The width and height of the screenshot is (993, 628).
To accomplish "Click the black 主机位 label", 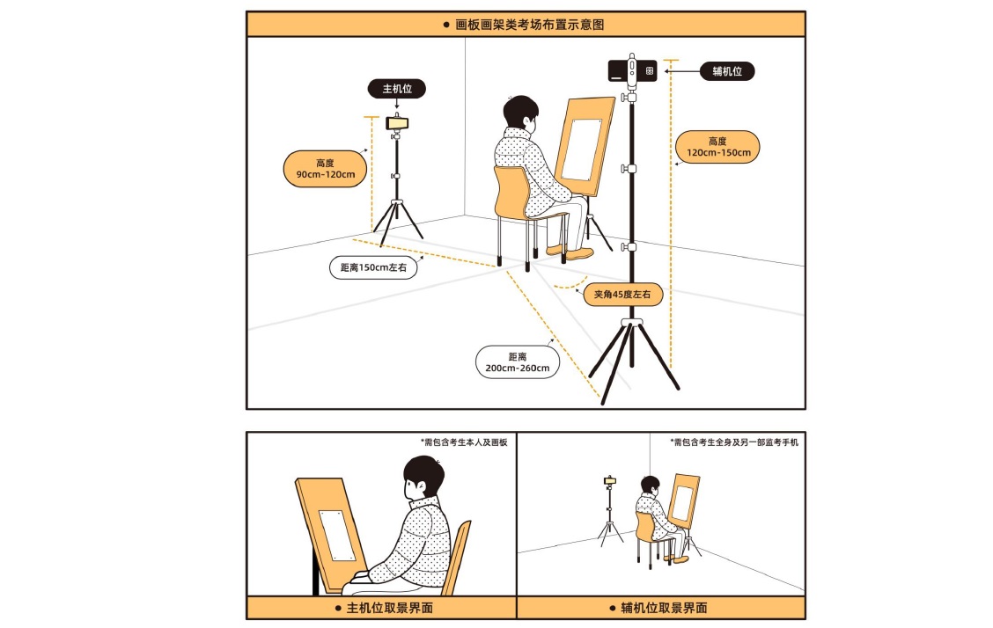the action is [396, 89].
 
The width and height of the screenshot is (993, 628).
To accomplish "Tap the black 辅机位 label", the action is [727, 71].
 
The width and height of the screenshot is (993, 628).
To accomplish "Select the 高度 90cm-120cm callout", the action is [326, 169].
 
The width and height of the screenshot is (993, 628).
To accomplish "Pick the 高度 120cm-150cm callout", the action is [717, 147].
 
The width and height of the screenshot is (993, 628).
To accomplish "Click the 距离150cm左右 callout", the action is [373, 267].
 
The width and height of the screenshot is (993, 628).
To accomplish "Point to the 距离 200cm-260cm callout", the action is [518, 362].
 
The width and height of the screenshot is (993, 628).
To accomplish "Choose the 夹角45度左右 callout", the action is [622, 294].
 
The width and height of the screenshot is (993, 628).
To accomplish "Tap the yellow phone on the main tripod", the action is [397, 123].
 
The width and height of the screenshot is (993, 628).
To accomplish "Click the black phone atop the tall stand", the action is [633, 71].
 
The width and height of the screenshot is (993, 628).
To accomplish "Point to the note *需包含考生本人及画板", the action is [464, 442].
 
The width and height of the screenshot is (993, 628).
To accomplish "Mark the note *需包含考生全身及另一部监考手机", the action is [734, 442].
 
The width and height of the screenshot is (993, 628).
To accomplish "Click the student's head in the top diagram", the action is [520, 113].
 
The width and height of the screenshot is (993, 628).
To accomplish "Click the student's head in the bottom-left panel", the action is [423, 478].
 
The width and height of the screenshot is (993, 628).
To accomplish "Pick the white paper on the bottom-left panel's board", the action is [337, 536].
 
